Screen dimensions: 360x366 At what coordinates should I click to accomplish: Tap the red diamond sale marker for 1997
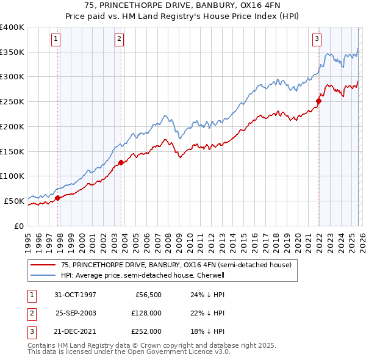[58, 198]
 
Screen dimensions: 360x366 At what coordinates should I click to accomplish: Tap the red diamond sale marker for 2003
[121, 162]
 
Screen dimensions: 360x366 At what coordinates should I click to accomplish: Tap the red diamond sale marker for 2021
[318, 101]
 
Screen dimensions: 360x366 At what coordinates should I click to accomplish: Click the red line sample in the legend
[44, 265]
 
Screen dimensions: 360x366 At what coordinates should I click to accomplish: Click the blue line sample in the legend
[44, 275]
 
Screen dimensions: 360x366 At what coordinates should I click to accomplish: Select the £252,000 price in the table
[146, 331]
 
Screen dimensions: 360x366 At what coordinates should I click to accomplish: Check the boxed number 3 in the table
[31, 331]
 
